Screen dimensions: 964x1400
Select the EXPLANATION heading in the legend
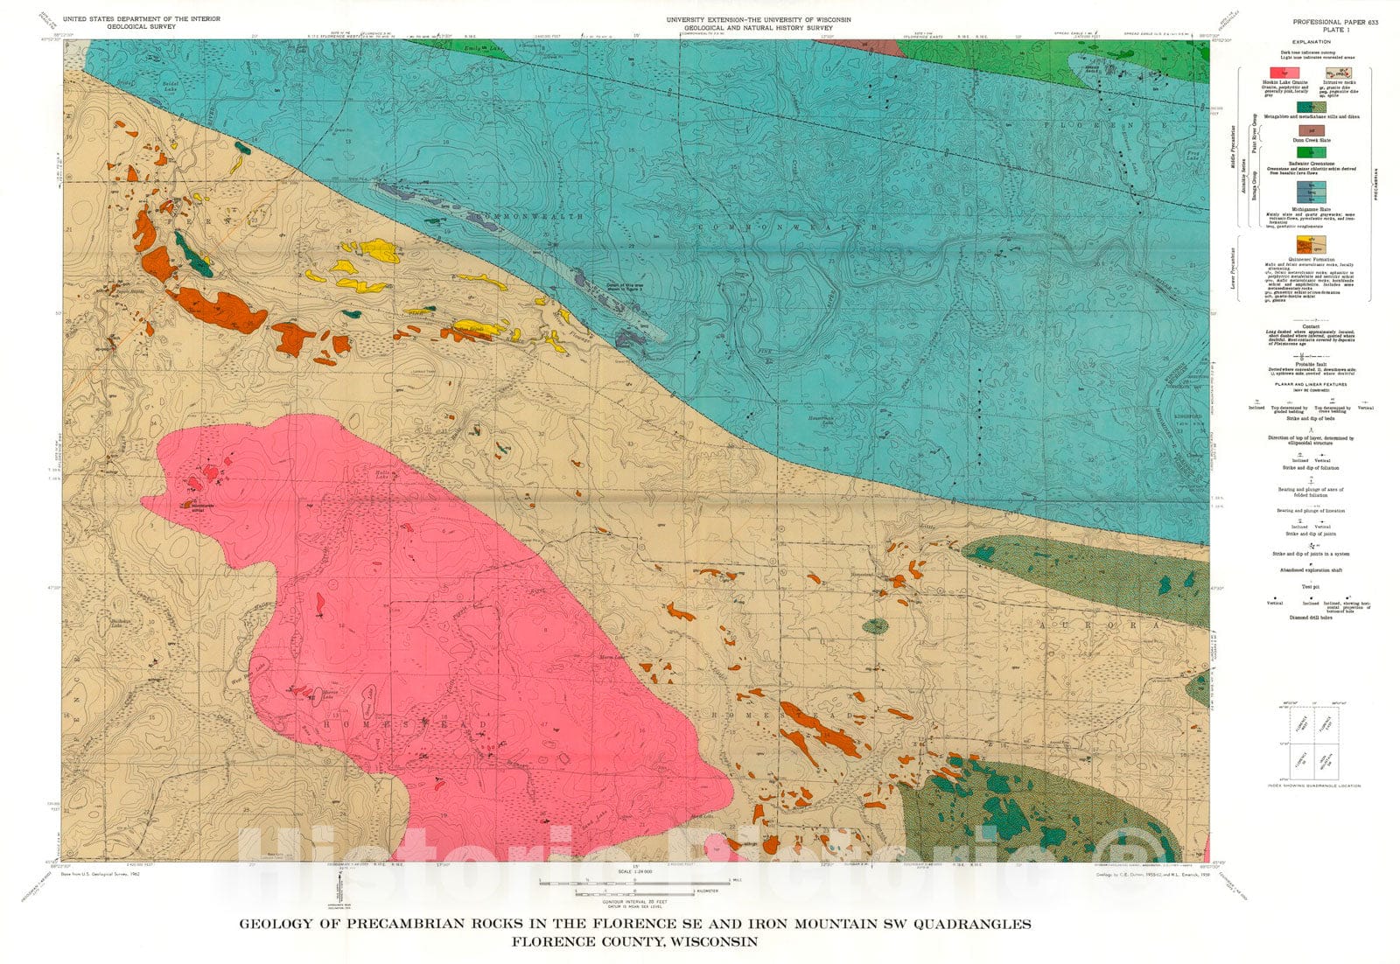[x=1322, y=41]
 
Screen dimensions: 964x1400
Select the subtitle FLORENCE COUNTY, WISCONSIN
[x=635, y=942]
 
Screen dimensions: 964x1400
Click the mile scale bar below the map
[x=634, y=879]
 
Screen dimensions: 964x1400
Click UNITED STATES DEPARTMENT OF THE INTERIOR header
[x=142, y=18]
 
